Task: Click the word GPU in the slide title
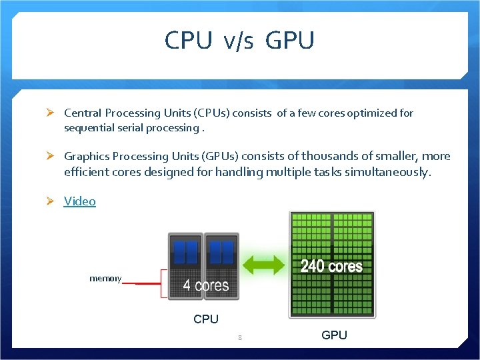289,41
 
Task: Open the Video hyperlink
80,201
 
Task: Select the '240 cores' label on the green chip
331,267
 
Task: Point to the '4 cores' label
206,286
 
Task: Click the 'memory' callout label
105,278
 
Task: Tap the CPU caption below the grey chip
206,319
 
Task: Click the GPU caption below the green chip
334,335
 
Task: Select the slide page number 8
240,338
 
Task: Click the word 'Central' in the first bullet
83,113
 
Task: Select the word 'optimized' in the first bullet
374,113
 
